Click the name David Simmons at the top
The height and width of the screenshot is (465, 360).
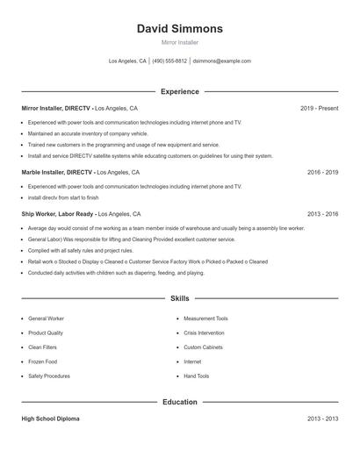180,29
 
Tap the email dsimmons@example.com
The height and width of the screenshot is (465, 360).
221,61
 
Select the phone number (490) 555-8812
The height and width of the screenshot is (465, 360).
169,61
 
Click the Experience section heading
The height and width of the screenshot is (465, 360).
180,91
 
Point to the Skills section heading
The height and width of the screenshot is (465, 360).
180,299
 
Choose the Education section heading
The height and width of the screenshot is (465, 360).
180,403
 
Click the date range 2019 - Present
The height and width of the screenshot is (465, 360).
319,108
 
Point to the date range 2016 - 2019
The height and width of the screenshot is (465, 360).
322,173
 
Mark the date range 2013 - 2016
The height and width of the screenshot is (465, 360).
322,214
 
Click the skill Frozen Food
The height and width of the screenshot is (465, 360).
42,361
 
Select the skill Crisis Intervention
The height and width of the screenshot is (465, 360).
203,333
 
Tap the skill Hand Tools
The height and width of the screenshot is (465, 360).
196,376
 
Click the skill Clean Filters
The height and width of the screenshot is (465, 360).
43,347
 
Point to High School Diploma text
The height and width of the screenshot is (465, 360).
50,419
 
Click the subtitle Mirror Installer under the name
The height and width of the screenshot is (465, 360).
180,42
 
